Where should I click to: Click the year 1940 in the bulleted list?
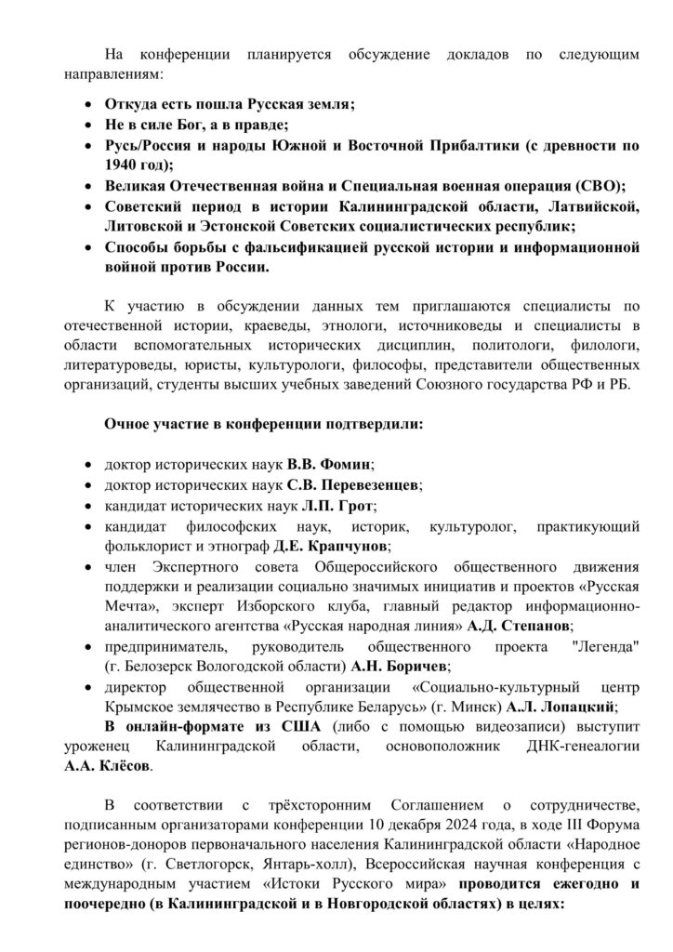click(123, 165)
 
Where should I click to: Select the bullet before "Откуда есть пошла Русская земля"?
click(87, 103)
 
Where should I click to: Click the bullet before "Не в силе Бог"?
click(87, 124)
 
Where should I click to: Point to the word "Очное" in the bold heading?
click(127, 425)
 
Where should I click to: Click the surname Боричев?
click(410, 667)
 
